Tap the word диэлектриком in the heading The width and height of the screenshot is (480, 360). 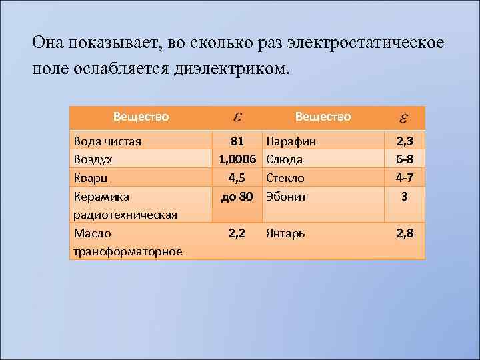228,69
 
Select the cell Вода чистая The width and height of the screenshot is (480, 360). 107,141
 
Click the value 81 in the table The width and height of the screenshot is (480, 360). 237,141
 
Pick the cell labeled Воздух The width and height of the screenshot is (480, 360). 93,160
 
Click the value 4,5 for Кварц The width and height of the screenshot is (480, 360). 237,179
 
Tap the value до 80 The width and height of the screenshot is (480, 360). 237,197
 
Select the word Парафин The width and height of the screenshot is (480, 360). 291,141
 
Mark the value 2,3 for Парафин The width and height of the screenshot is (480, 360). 404,141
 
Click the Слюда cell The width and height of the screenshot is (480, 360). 284,160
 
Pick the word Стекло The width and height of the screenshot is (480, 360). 285,179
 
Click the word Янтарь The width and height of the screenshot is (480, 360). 286,233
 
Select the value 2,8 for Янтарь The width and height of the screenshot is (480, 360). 404,233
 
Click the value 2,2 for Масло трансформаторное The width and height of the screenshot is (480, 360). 237,233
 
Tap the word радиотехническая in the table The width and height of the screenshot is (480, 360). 125,215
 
